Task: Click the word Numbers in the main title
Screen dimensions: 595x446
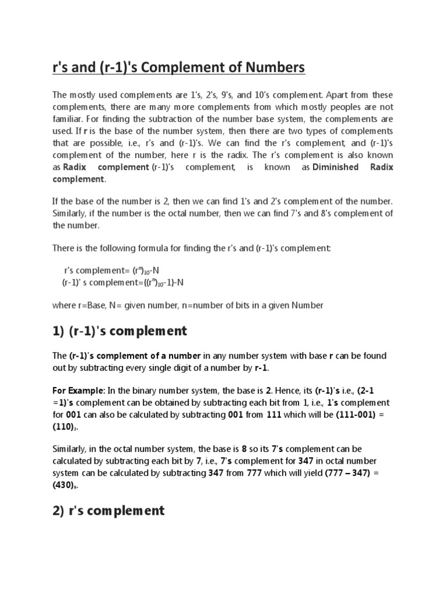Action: [x=272, y=69]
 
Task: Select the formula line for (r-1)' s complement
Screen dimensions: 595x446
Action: [x=123, y=282]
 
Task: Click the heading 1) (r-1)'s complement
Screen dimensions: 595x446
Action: [x=120, y=331]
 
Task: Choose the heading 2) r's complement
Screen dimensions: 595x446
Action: [x=109, y=511]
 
